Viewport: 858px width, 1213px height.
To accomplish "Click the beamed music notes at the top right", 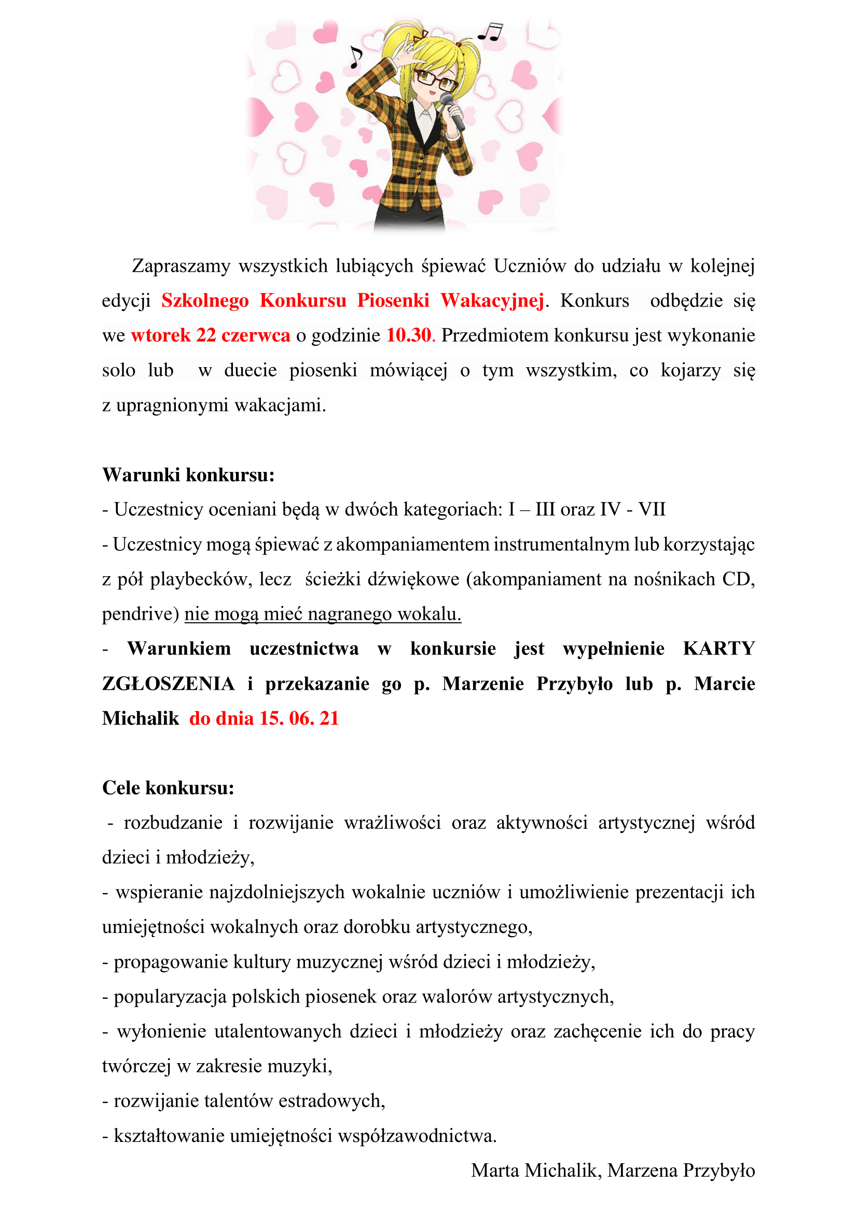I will [x=490, y=32].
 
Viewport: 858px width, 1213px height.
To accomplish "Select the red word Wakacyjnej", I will [x=492, y=300].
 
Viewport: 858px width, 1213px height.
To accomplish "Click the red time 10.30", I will [x=408, y=335].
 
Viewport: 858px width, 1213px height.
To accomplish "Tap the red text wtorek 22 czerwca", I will [x=210, y=335].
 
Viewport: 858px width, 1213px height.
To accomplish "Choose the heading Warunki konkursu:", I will [x=189, y=475].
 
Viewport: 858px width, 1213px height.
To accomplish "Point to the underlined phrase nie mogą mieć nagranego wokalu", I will [x=323, y=614].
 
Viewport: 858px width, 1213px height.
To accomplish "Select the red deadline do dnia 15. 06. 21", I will [x=264, y=718].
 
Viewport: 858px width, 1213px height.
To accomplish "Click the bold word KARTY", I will [x=718, y=648].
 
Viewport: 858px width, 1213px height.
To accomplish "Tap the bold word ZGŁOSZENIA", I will [x=169, y=683].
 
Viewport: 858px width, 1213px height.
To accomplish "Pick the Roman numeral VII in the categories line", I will [x=652, y=509].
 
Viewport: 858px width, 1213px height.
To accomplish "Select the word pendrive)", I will [x=141, y=614].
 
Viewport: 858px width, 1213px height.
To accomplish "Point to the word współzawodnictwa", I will [x=417, y=1135].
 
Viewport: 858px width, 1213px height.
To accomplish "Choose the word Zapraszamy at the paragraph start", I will [x=181, y=265].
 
